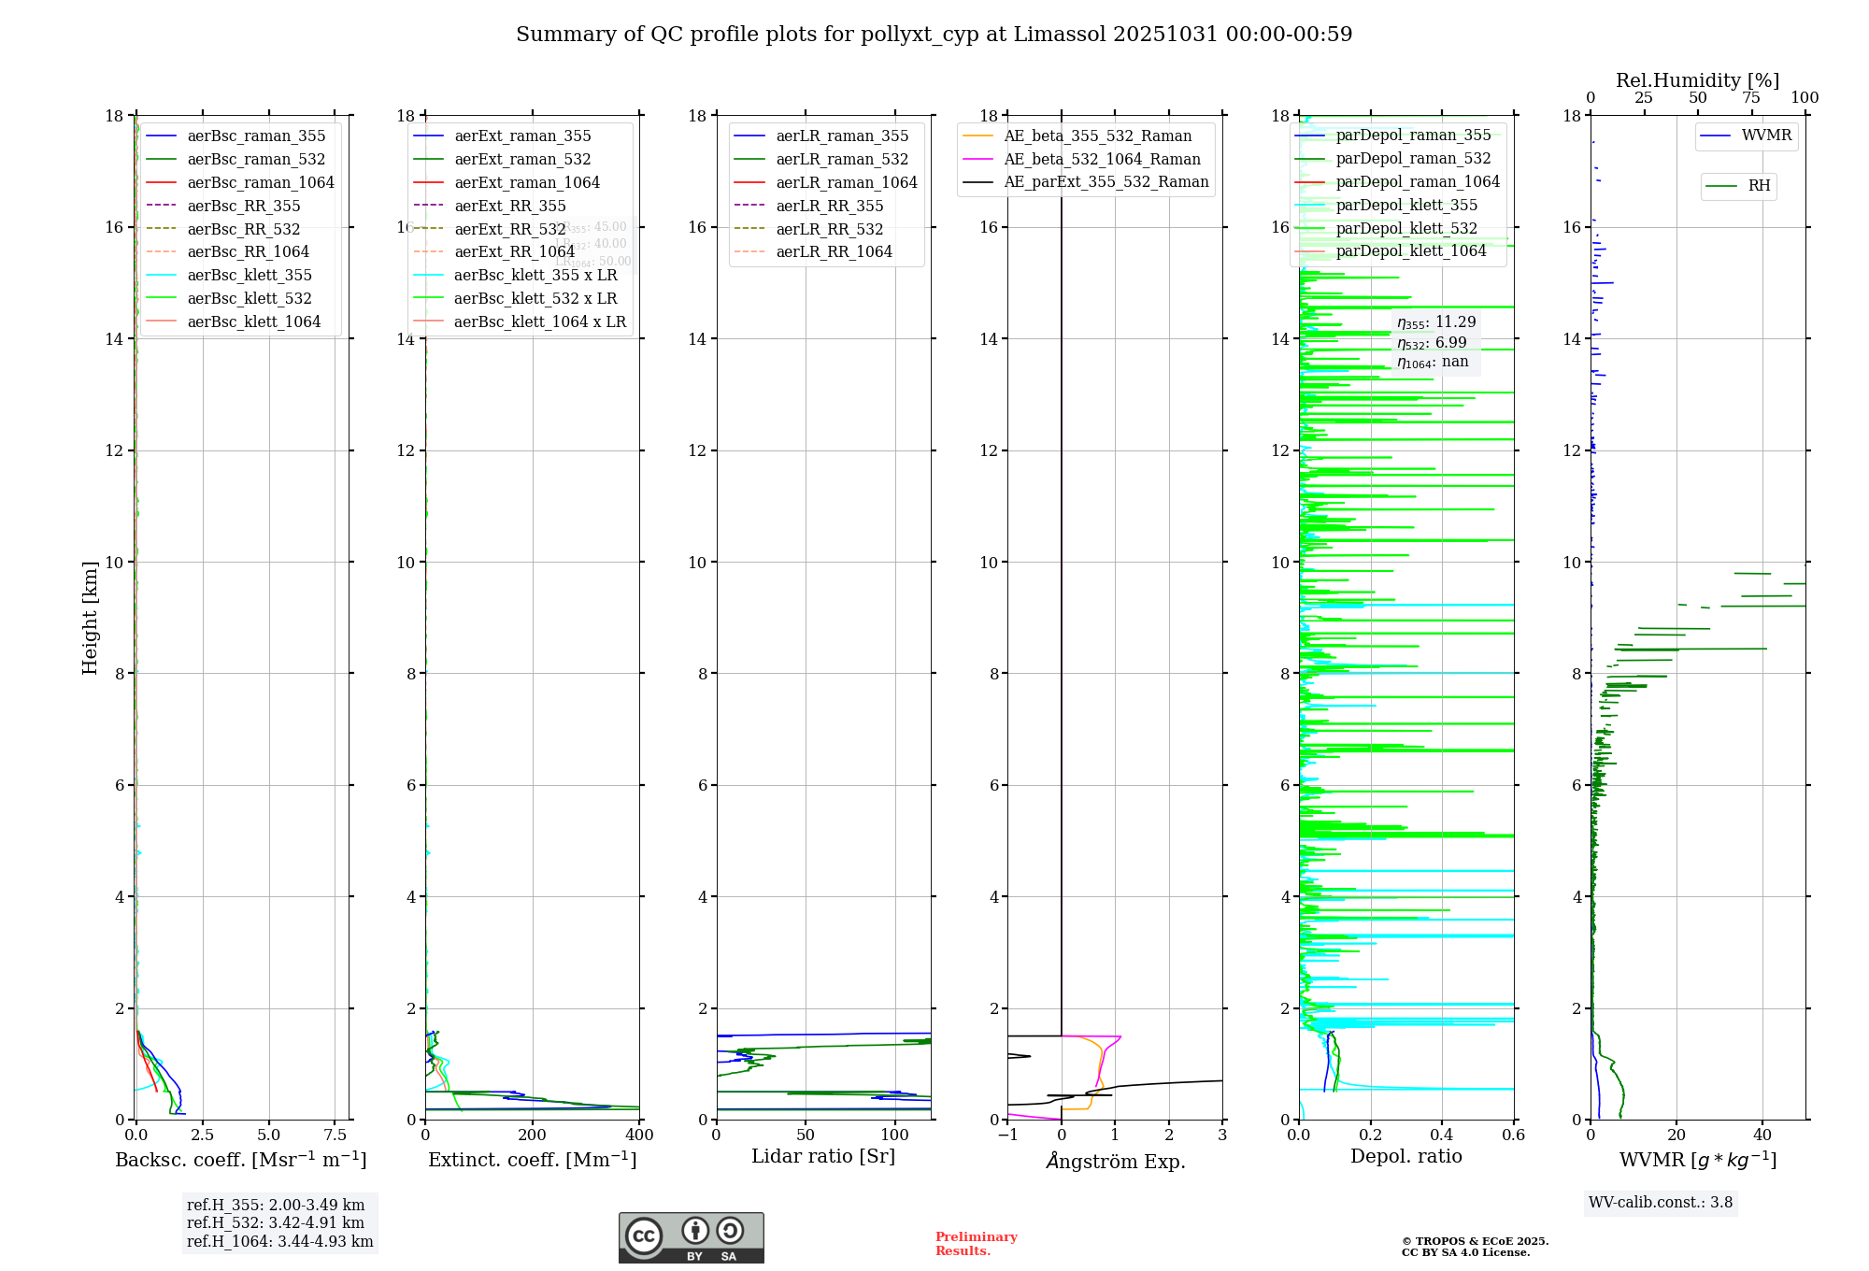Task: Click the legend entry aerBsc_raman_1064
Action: coord(260,182)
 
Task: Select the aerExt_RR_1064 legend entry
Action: coord(514,251)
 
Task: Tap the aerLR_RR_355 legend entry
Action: coord(829,206)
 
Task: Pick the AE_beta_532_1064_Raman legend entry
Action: coord(1102,159)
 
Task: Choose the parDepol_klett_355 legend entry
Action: coord(1406,205)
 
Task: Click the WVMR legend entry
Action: coord(1766,136)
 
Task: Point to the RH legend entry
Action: coord(1759,186)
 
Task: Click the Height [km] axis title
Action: coord(90,617)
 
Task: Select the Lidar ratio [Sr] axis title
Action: coord(822,1156)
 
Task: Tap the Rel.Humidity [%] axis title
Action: coord(1697,80)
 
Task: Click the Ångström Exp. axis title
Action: coord(1115,1161)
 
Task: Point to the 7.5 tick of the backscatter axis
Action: coord(335,1135)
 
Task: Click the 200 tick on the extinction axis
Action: coord(533,1135)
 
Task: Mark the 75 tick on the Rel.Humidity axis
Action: coord(1750,98)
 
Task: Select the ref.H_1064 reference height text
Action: coord(279,1241)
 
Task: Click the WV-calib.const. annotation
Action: coord(1661,1202)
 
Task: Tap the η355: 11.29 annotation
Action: coord(1436,322)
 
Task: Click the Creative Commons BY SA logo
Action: coord(691,1237)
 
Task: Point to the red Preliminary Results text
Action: coord(976,1243)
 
